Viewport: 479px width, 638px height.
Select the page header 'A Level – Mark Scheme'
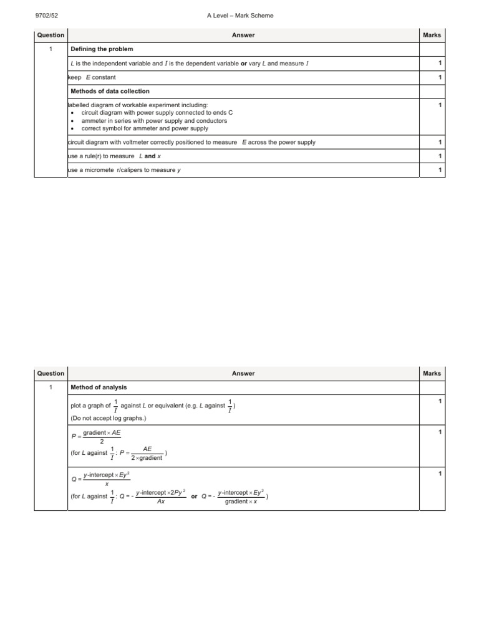pyautogui.click(x=239, y=16)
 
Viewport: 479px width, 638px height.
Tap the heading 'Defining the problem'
pyautogui.click(x=102, y=49)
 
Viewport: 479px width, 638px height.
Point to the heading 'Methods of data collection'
pyautogui.click(x=110, y=91)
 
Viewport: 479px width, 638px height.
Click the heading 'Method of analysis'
pyautogui.click(x=99, y=387)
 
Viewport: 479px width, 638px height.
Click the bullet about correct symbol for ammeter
pyautogui.click(x=145, y=128)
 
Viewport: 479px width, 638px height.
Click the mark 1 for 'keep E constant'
pyautogui.click(x=440, y=77)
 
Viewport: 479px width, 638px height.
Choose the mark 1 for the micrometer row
pyautogui.click(x=440, y=170)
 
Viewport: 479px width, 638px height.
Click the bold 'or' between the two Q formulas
pyautogui.click(x=194, y=497)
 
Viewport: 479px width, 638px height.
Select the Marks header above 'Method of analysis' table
pyautogui.click(x=432, y=373)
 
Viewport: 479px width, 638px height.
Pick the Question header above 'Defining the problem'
pyautogui.click(x=51, y=36)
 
